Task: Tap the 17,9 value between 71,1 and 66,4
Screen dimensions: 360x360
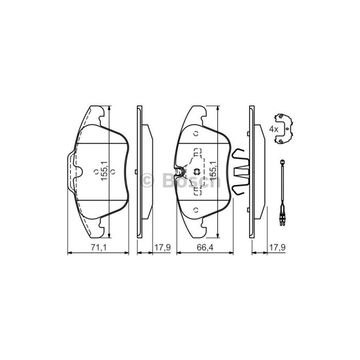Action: pyautogui.click(x=163, y=247)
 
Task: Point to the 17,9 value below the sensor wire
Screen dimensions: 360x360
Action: pyautogui.click(x=277, y=247)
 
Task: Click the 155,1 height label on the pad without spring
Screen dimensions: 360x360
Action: pyautogui.click(x=105, y=171)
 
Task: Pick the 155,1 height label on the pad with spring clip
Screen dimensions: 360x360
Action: pyautogui.click(x=213, y=171)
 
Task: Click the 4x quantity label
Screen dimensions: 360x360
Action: pyautogui.click(x=274, y=129)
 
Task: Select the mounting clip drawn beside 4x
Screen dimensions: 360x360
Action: pyautogui.click(x=284, y=129)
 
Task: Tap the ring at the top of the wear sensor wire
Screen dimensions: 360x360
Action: pyautogui.click(x=282, y=161)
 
